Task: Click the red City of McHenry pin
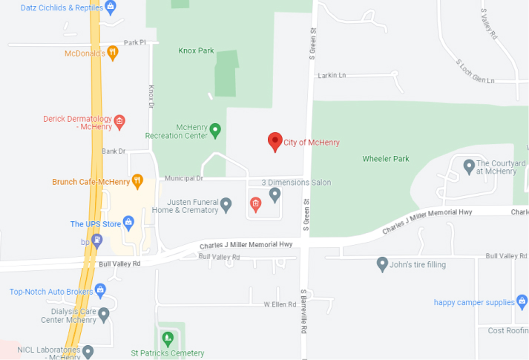coord(275,141)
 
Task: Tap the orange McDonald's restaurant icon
coord(112,53)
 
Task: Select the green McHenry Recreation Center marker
coord(215,131)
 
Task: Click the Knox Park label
coord(196,51)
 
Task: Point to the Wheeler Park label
coord(385,159)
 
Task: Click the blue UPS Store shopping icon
coord(128,223)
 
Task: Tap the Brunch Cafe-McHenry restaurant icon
coord(137,181)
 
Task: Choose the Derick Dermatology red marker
coord(119,122)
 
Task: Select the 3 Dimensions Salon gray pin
coord(275,194)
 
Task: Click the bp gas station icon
coord(96,240)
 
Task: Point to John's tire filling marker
coord(382,264)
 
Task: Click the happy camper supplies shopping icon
coord(523,302)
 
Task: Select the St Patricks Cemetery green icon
coord(167,340)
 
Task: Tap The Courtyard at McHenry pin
coord(469,166)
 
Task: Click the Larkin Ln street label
coord(331,75)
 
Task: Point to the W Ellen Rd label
coord(280,304)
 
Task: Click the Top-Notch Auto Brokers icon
coord(101,290)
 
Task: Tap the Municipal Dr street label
coord(183,178)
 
